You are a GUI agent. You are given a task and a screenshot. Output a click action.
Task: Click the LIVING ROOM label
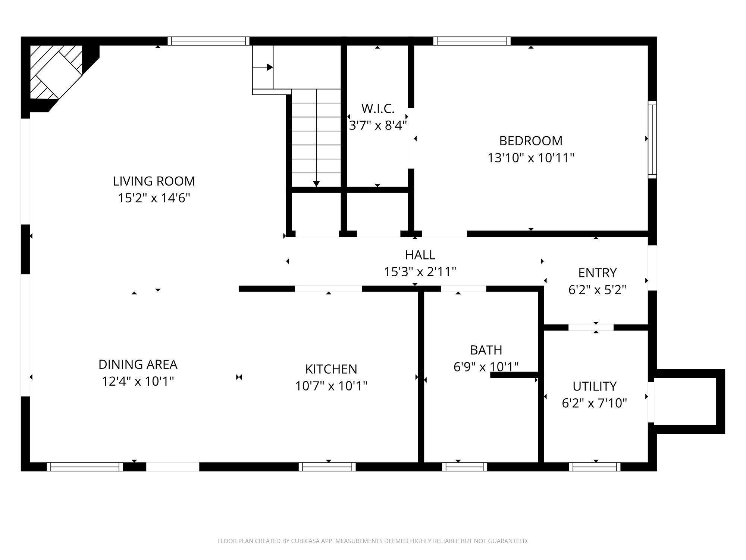[154, 181]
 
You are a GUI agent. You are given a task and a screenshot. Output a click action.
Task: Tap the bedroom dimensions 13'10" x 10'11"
[530, 158]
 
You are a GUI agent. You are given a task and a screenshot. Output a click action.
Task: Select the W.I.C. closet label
[377, 109]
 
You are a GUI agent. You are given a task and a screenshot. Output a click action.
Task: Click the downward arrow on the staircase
[316, 183]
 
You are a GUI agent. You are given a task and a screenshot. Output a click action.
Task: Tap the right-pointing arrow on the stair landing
[269, 68]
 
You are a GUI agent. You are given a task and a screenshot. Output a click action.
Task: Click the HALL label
[420, 255]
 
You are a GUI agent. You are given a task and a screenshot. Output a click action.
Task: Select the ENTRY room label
[597, 273]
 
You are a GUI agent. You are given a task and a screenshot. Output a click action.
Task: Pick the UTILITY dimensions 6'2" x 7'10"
[594, 403]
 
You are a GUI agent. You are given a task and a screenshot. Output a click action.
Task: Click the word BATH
[486, 350]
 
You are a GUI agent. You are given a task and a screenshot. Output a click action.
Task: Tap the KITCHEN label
[331, 369]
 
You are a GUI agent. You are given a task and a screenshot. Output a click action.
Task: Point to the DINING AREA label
[138, 364]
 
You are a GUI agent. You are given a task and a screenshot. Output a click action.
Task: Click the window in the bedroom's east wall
[652, 140]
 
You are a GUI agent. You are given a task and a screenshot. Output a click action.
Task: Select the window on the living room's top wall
[208, 41]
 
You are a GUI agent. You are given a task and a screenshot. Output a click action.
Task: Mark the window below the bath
[464, 467]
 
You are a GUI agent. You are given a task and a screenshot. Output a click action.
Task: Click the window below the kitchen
[327, 467]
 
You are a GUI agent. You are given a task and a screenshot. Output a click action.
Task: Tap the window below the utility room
[595, 467]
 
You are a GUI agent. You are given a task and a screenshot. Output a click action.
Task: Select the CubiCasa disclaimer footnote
[373, 541]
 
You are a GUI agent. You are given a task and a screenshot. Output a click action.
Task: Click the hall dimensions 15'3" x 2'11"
[420, 272]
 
